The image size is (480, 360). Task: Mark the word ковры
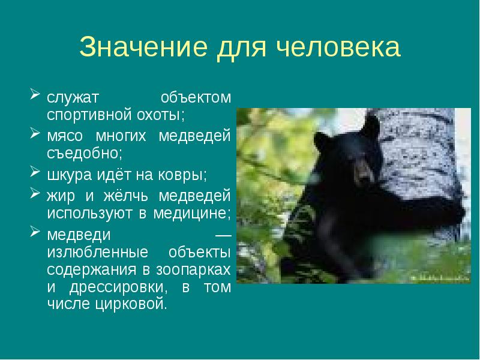click(x=185, y=175)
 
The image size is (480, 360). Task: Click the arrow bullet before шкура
click(x=34, y=174)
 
